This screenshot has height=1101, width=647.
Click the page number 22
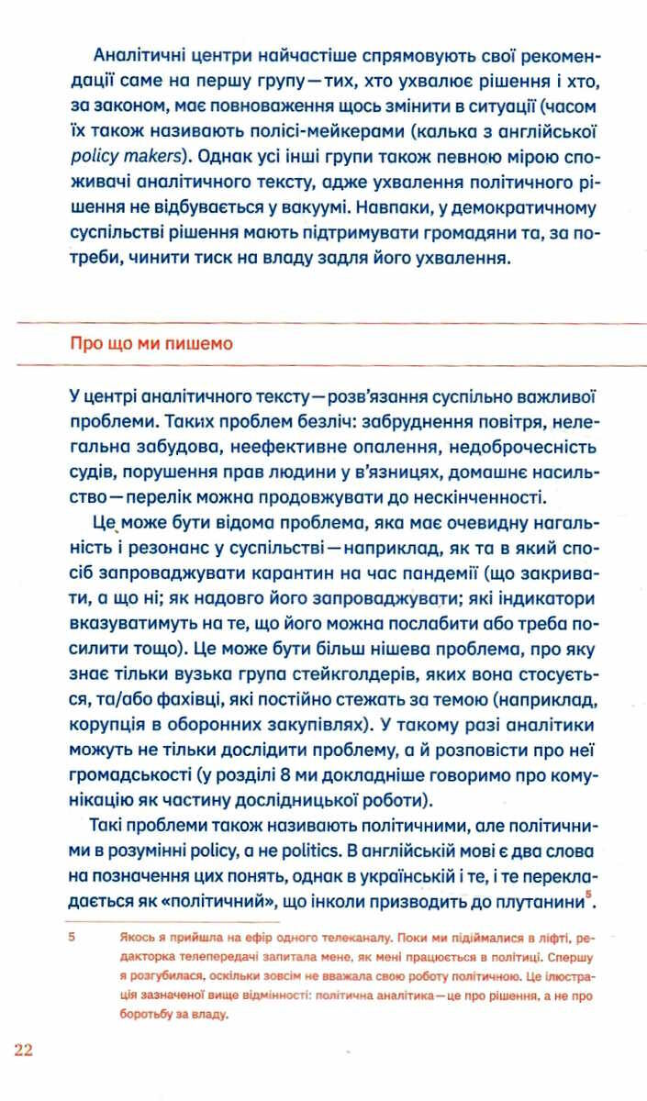(23, 1050)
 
